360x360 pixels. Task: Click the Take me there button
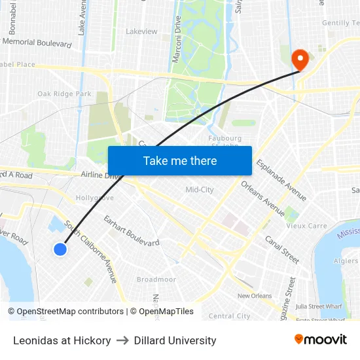point(179,161)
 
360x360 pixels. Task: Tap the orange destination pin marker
point(300,60)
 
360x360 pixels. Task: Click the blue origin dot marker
point(60,249)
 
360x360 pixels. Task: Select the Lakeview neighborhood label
point(141,31)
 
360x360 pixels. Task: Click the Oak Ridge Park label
point(64,94)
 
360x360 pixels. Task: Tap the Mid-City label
point(200,190)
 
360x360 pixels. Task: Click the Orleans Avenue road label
point(264,198)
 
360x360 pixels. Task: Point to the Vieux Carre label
point(306,226)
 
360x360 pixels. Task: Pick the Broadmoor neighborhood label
point(156,279)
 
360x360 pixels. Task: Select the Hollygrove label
point(95,198)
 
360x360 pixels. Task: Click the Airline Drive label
point(101,175)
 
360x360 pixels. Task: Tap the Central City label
point(229,316)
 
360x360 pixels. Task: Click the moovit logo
point(321,340)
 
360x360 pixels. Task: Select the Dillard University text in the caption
point(175,340)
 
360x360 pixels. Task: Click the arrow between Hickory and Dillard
point(122,340)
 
